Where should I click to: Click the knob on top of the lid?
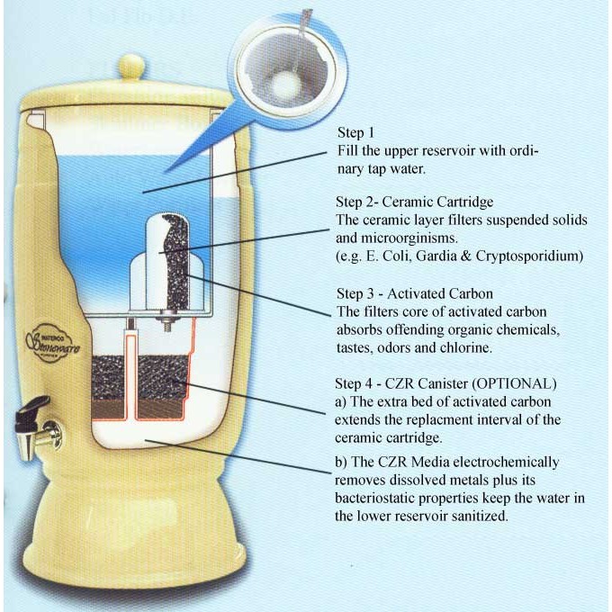click(x=132, y=67)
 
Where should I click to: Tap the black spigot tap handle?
click(x=27, y=419)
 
